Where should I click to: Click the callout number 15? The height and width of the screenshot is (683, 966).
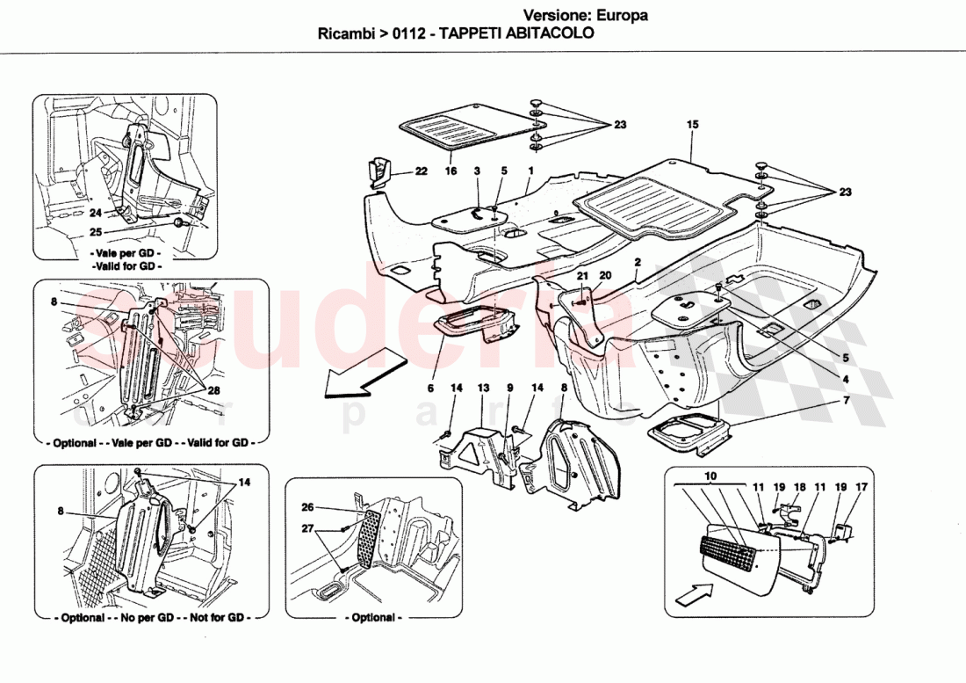point(692,126)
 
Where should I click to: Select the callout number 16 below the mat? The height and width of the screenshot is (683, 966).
point(451,171)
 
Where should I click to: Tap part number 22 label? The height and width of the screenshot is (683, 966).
point(421,171)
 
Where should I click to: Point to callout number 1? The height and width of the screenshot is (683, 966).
point(530,171)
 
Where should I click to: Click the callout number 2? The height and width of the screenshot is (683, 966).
point(637,263)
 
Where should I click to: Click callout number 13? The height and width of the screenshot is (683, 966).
point(482,388)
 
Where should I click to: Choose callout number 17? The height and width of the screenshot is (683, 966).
point(861,486)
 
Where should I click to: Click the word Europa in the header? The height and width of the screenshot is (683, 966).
point(622,15)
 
